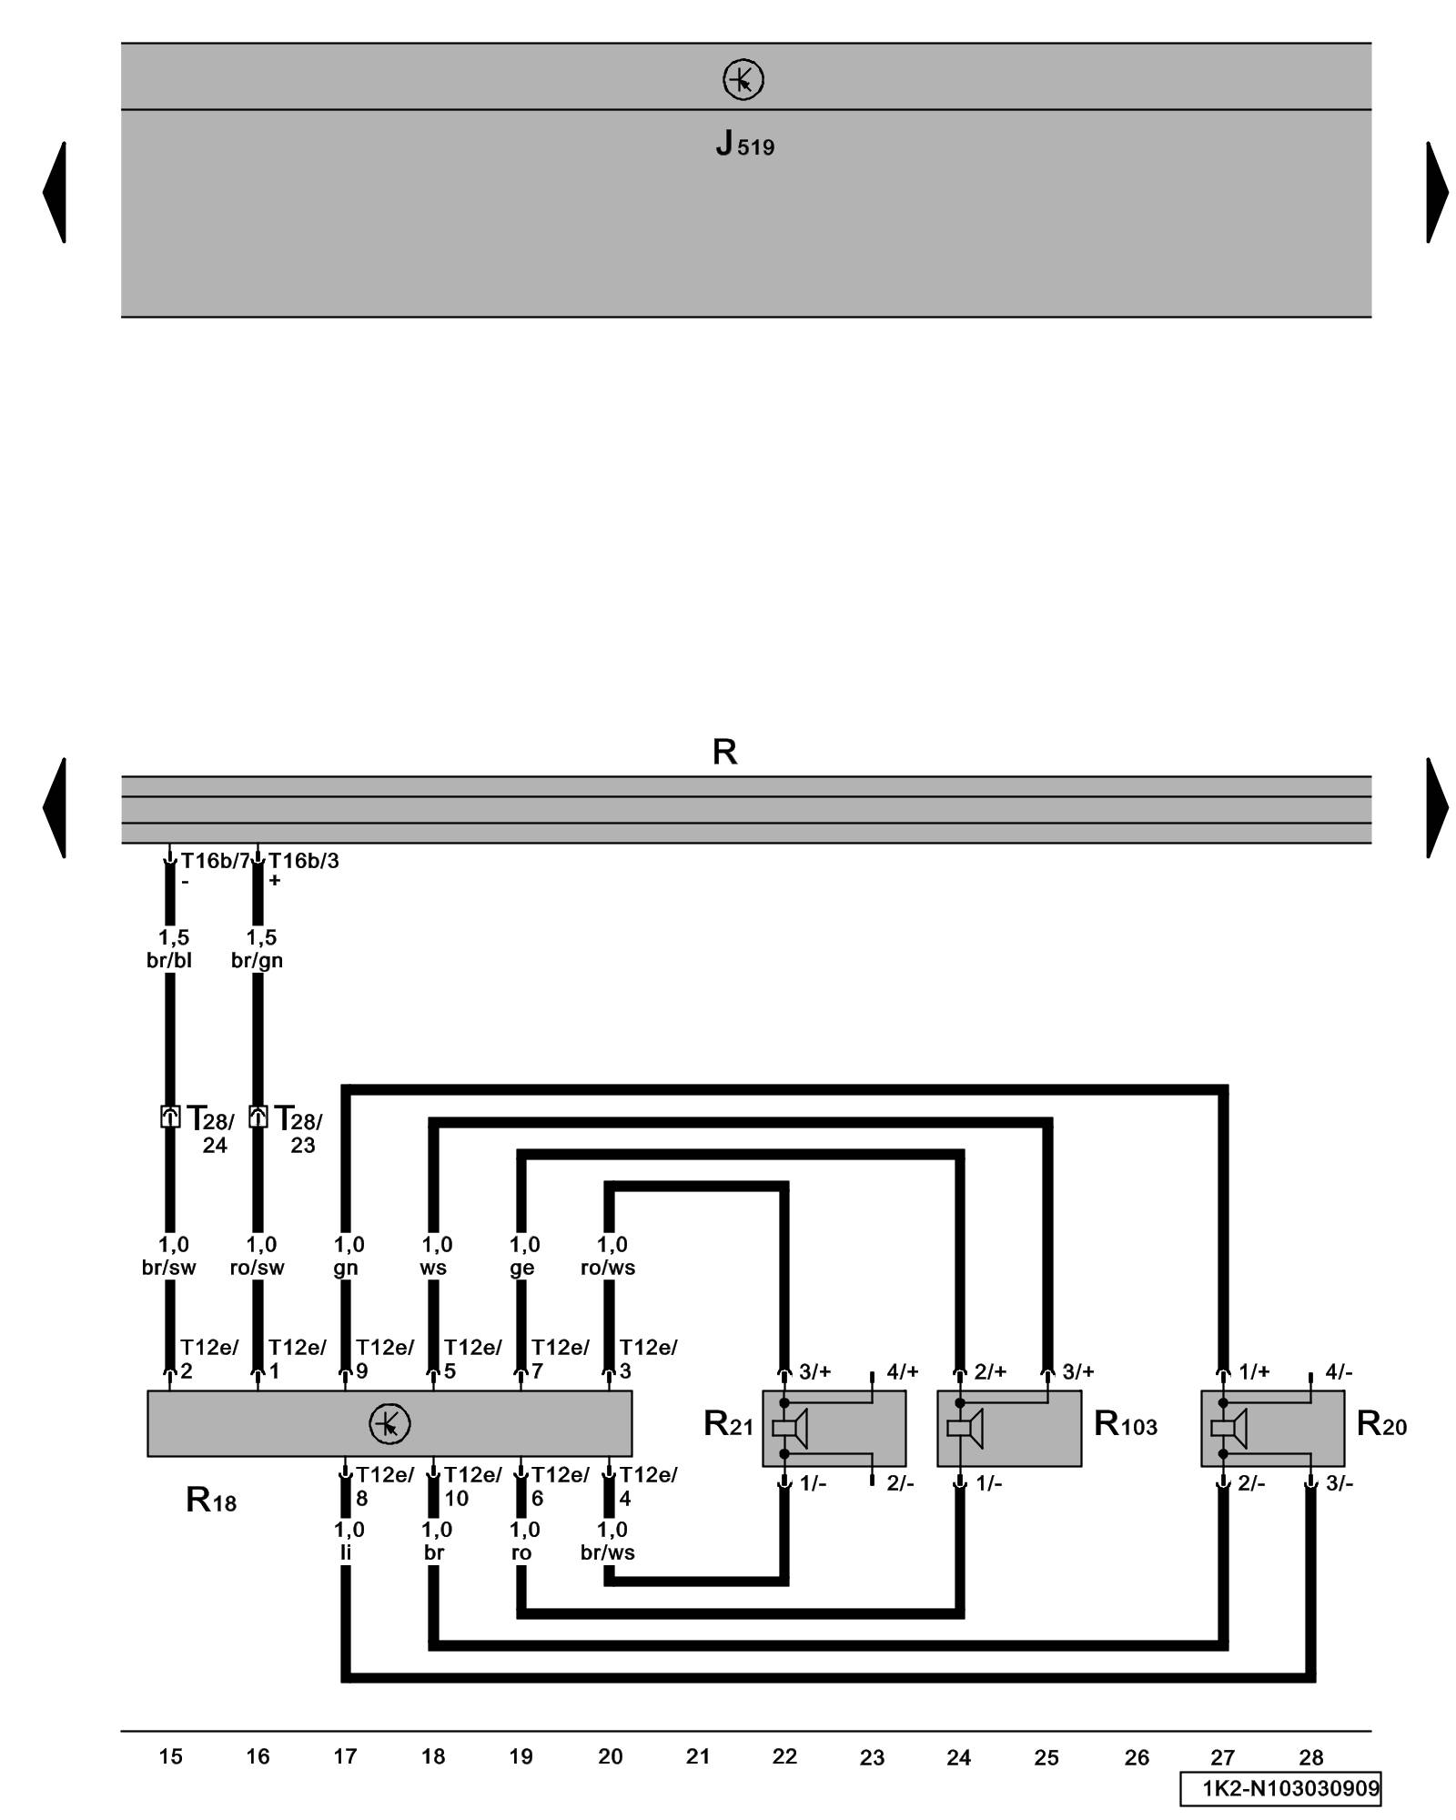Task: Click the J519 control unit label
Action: [x=743, y=144]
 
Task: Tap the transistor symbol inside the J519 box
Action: [x=743, y=80]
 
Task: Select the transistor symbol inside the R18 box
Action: [x=389, y=1423]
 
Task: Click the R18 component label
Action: [x=210, y=1499]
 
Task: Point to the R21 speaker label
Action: [x=728, y=1424]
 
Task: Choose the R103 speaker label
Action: [x=1125, y=1424]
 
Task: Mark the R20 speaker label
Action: [x=1380, y=1424]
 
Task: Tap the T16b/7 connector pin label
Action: [x=214, y=861]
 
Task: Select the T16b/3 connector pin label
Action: [x=303, y=861]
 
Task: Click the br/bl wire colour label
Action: [x=169, y=960]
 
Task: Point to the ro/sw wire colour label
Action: [x=258, y=1268]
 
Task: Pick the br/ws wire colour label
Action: [x=608, y=1552]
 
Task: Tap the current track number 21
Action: [x=697, y=1756]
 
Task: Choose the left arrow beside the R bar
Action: [x=55, y=808]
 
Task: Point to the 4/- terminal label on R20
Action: [x=1339, y=1371]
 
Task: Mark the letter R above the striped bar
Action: [x=724, y=752]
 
